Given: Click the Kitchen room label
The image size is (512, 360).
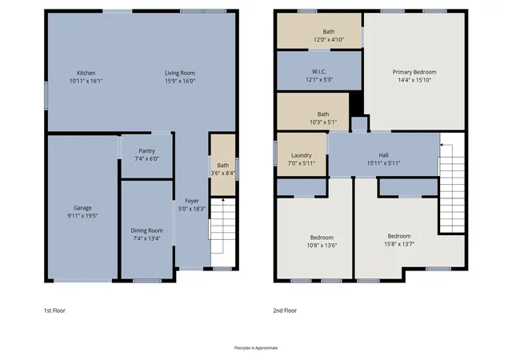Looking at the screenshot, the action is (86, 73).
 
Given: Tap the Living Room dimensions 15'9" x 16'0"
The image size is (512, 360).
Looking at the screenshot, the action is (180, 81).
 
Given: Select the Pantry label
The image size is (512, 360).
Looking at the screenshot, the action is (147, 151).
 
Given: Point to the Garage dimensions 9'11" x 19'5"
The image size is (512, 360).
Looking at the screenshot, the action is (82, 216).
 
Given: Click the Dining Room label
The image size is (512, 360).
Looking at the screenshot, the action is (146, 230).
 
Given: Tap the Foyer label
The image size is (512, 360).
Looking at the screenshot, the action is (192, 201).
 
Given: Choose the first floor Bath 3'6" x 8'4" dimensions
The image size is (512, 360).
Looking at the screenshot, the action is (223, 173).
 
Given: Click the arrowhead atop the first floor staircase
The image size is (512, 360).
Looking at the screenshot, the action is (223, 199).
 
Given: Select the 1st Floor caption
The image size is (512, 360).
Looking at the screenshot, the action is (54, 310).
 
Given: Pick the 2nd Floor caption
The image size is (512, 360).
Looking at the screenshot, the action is (285, 310).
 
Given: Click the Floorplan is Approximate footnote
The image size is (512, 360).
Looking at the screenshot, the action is (256, 348).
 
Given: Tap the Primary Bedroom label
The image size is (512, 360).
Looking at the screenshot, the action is (414, 72).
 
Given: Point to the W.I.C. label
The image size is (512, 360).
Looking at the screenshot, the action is (319, 71).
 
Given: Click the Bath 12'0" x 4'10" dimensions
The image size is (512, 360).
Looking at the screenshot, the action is (329, 40).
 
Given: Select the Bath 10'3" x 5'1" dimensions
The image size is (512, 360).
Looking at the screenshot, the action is (323, 122).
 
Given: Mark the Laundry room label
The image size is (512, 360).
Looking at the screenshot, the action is (302, 155).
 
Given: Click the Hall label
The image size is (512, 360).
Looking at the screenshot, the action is (383, 155).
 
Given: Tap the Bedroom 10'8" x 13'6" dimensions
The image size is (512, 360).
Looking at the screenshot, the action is (322, 246).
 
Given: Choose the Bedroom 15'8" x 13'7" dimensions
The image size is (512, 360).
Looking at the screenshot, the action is (399, 244).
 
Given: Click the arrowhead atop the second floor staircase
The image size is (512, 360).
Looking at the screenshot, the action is (442, 145).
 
